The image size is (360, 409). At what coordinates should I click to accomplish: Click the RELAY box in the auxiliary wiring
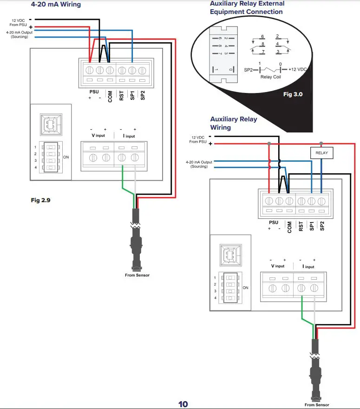321,152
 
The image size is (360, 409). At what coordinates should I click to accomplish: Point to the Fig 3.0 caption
293,94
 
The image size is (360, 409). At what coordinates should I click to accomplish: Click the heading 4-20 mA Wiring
56,4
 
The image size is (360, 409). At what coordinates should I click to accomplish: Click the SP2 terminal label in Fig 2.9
143,95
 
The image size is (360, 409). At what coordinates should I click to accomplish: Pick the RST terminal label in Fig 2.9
121,95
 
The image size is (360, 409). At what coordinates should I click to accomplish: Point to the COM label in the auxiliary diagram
290,226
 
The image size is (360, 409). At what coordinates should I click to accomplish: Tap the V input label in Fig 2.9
98,136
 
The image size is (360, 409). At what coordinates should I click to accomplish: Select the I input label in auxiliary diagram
308,266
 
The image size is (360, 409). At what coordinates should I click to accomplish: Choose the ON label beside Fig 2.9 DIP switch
66,157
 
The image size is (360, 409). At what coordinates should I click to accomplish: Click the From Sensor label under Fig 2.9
137,275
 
